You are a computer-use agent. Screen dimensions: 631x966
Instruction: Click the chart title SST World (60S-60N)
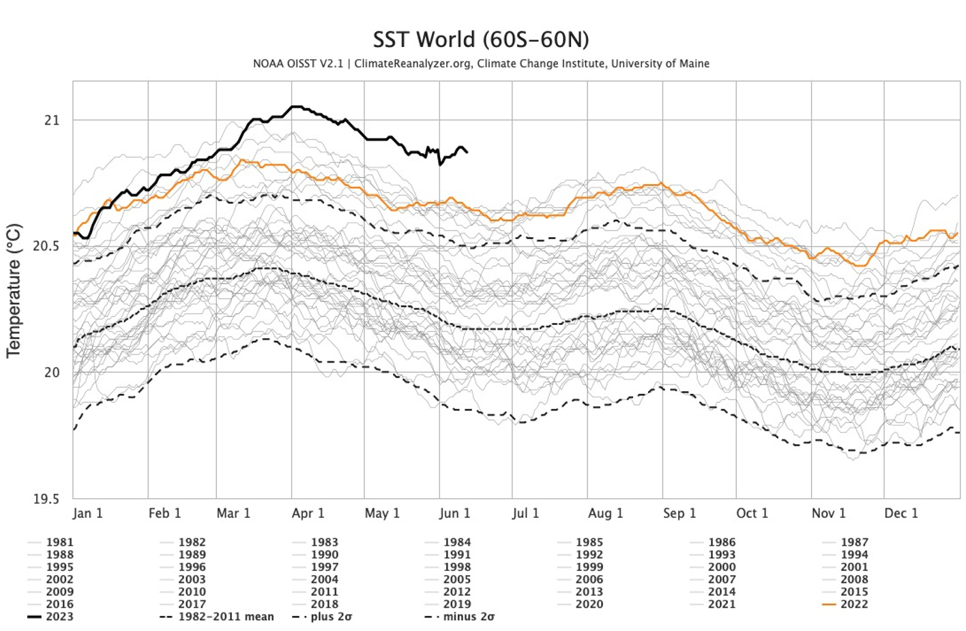click(x=481, y=40)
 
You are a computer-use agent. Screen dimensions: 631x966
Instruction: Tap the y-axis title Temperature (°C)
click(x=14, y=290)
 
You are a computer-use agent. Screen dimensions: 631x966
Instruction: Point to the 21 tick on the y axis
click(x=52, y=121)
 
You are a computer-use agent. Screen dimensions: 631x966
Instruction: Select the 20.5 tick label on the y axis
click(x=46, y=246)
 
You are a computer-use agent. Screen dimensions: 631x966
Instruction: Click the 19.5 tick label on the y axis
click(x=46, y=499)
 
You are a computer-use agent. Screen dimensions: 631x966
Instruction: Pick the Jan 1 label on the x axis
click(x=87, y=513)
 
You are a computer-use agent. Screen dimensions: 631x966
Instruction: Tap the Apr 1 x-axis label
click(x=308, y=513)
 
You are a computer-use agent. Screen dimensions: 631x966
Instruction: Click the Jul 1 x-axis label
click(x=525, y=513)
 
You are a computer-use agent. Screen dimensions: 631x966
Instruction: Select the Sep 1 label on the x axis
click(x=679, y=513)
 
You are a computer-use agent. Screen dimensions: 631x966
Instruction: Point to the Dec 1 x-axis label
click(x=901, y=513)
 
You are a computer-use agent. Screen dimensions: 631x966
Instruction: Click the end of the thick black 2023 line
click(x=467, y=152)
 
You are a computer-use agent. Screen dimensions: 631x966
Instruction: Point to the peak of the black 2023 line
click(x=295, y=106)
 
